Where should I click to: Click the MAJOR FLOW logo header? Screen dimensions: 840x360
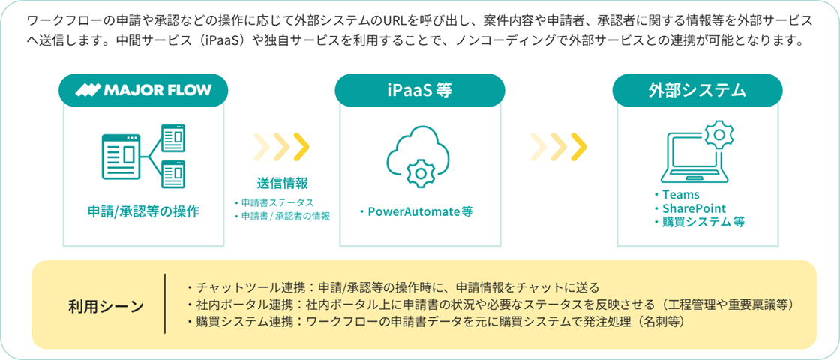click(143, 90)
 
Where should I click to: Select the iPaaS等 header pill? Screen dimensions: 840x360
click(419, 90)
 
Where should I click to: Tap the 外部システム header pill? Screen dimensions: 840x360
click(697, 90)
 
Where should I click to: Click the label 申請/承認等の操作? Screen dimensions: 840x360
click(143, 211)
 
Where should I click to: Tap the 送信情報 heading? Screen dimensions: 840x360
click(282, 183)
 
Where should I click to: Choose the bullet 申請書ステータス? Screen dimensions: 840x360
click(274, 203)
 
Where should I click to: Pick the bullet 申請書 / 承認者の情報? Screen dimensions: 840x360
click(282, 217)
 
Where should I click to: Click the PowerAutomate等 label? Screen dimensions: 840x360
click(416, 212)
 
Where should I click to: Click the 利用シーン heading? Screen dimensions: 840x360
click(106, 307)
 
